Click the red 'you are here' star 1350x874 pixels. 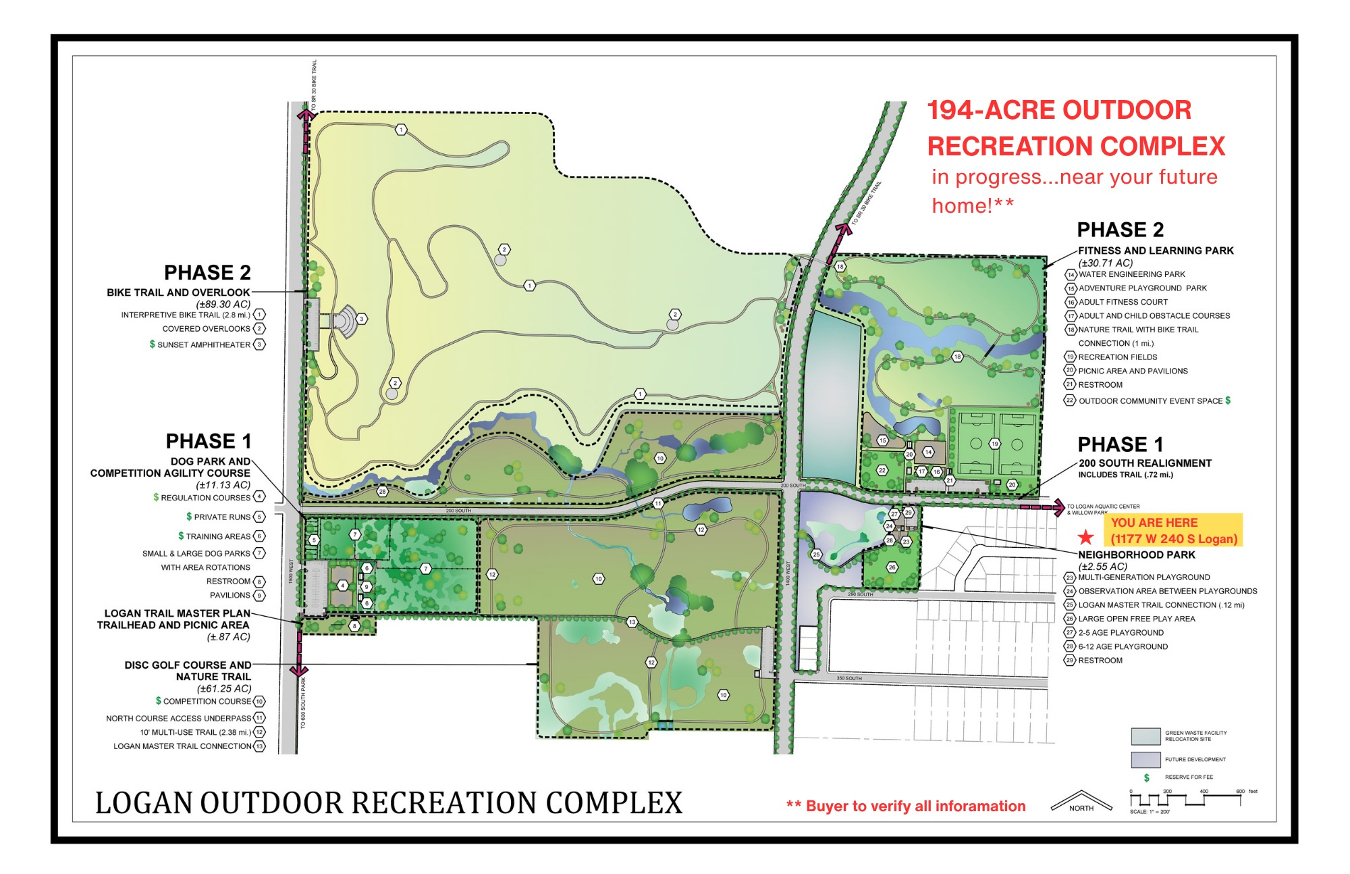(1085, 538)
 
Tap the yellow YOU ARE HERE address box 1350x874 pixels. (1174, 531)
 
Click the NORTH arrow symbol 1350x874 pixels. (1081, 801)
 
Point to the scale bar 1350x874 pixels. (1185, 800)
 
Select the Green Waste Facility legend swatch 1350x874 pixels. (1145, 736)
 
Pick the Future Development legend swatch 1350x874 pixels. (1145, 759)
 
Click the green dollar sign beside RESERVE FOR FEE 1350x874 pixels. (1146, 777)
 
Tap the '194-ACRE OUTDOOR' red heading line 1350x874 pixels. (1059, 110)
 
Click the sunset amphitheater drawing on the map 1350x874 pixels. (346, 319)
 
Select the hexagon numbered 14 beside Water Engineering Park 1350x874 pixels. (1071, 275)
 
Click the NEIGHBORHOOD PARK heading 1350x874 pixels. (1137, 555)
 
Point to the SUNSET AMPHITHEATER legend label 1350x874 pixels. (204, 344)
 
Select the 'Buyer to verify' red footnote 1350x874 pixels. (906, 806)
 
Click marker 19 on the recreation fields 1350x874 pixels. (995, 444)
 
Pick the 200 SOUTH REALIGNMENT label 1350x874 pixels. (1145, 463)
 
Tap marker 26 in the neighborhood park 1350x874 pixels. (892, 567)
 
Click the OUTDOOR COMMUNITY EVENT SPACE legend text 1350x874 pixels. (1150, 401)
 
